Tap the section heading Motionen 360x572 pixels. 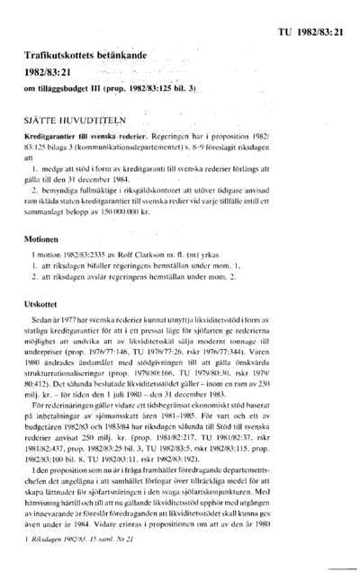[46, 243]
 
